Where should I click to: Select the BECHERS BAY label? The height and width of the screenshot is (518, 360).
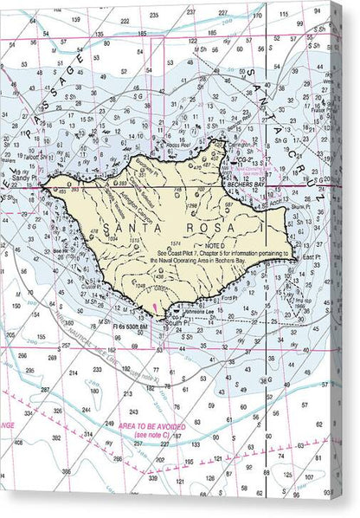(246, 185)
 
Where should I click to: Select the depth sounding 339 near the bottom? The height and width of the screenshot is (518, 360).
(152, 477)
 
